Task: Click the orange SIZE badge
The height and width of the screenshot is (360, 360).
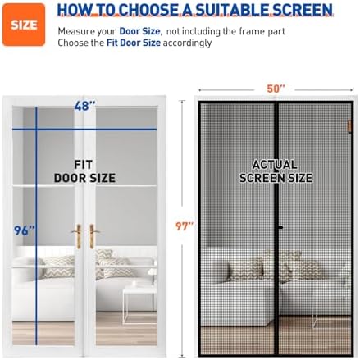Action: [x=25, y=25]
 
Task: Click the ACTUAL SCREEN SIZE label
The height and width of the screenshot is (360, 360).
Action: [x=276, y=171]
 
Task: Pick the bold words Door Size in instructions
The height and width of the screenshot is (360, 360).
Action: [x=138, y=30]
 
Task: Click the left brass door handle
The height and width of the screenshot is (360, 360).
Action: [x=78, y=236]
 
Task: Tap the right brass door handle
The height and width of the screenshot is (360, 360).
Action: [x=94, y=236]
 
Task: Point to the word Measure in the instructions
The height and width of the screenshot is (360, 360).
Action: [x=78, y=30]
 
